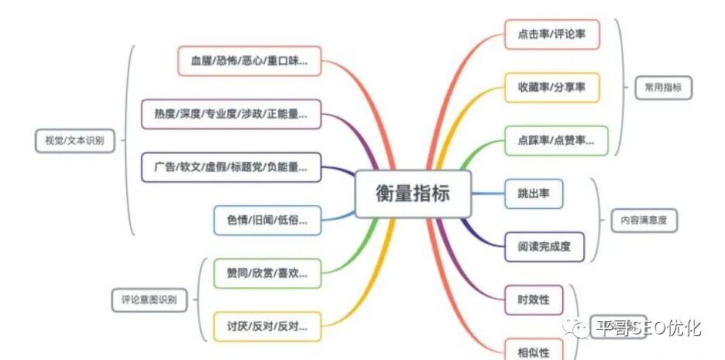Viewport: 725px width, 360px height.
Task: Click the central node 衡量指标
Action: tap(412, 193)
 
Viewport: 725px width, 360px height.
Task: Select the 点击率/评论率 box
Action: tap(551, 35)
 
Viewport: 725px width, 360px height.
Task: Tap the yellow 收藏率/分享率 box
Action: tap(551, 87)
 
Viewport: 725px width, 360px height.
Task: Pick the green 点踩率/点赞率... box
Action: tap(555, 140)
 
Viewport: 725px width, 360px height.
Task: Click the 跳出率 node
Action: tap(533, 193)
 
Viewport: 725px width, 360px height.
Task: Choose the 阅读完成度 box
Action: tap(544, 246)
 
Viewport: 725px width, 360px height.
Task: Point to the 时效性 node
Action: tap(533, 299)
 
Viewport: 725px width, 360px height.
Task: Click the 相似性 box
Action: tap(533, 351)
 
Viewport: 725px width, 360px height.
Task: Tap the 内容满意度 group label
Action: tap(643, 220)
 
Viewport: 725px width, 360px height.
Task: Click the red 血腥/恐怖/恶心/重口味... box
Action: tap(249, 60)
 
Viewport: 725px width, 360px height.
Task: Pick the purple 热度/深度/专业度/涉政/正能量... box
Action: tap(231, 114)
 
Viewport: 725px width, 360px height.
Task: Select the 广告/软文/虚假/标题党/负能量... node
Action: tap(231, 167)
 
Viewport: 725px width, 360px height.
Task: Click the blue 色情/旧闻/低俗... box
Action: tap(267, 221)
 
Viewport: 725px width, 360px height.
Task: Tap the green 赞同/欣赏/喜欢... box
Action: tap(267, 273)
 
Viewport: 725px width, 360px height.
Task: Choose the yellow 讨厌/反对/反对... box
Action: tap(267, 326)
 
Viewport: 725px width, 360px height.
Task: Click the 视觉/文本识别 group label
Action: tap(70, 140)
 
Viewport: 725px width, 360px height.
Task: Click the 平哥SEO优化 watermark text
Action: tap(648, 328)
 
